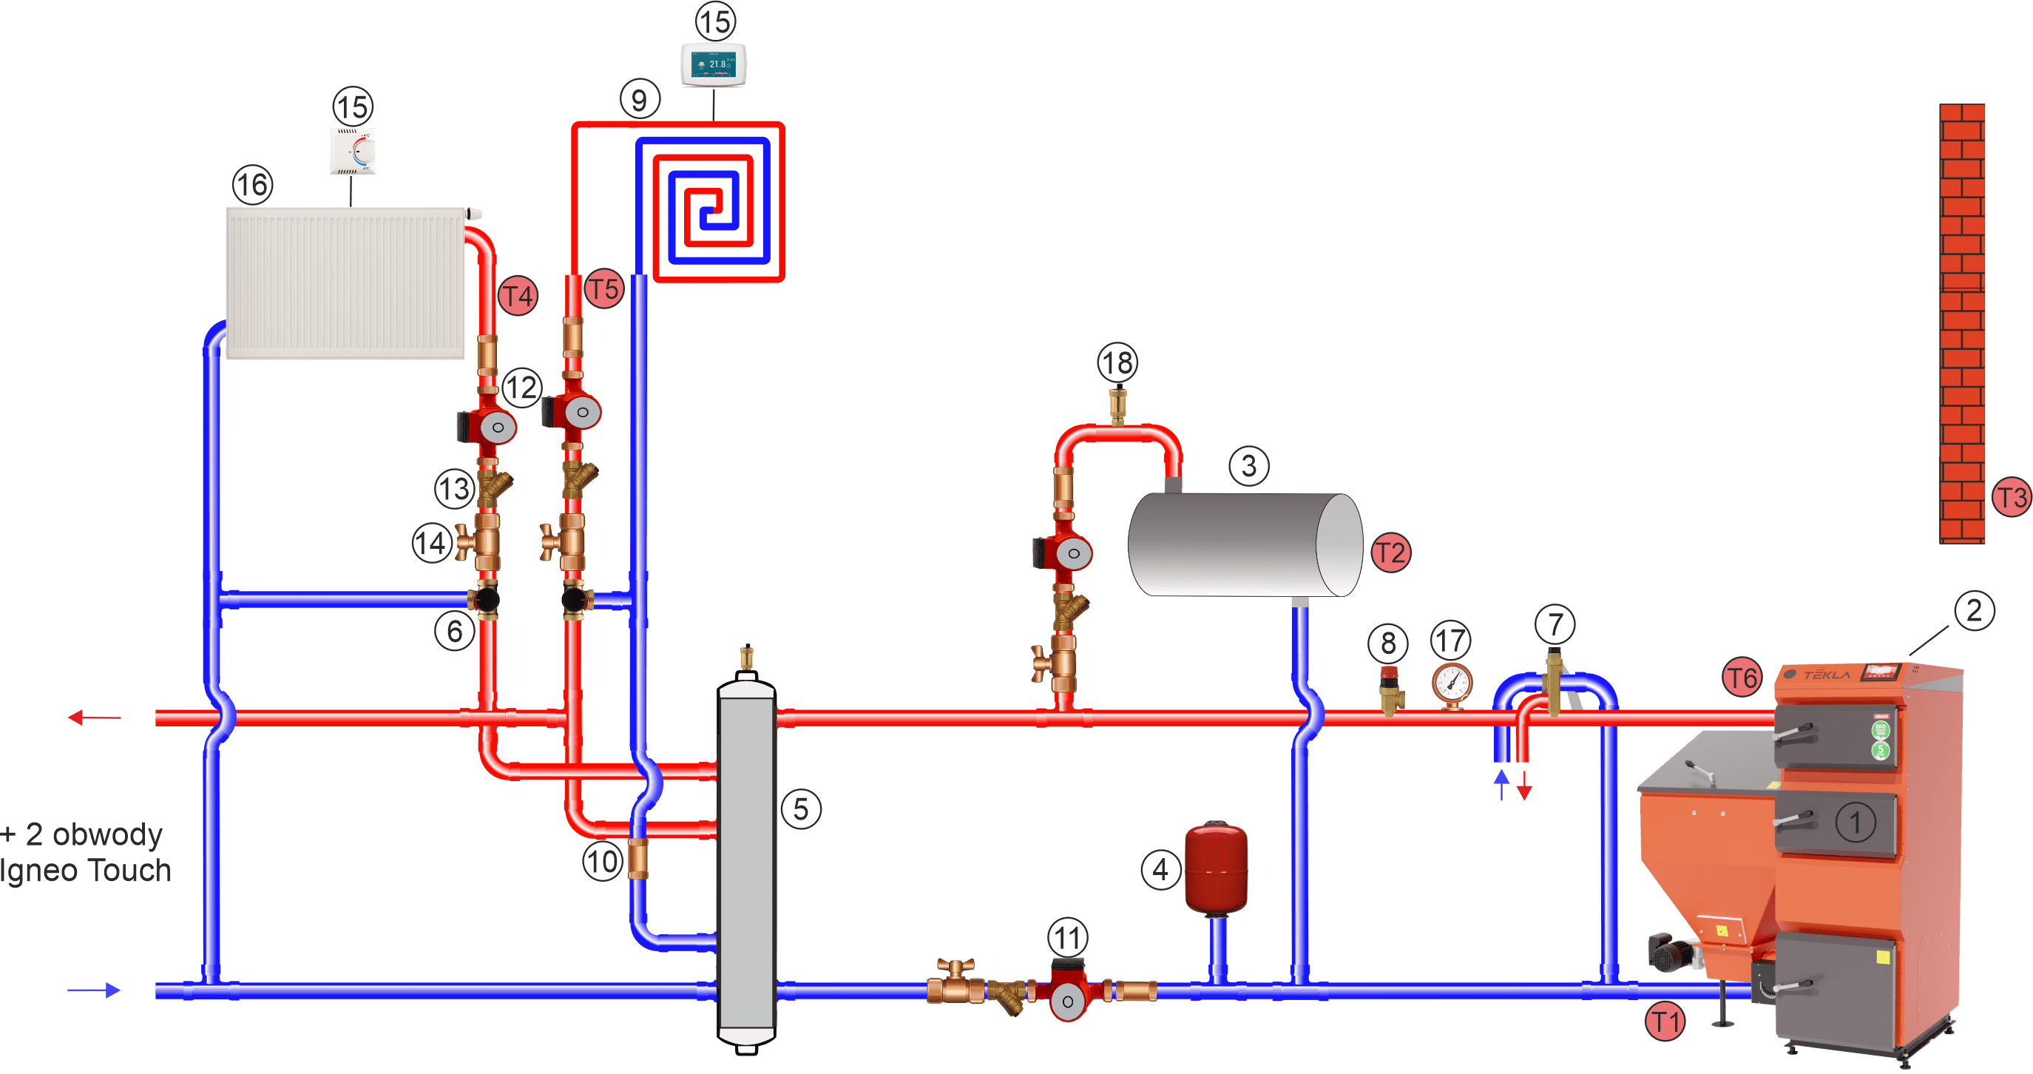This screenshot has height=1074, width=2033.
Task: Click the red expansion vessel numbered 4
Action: [1216, 869]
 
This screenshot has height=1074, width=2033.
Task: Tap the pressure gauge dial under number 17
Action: [1452, 683]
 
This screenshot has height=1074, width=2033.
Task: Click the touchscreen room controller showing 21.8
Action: [714, 64]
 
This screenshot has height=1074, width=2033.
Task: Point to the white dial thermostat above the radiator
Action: [353, 151]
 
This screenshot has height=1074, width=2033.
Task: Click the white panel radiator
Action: [345, 283]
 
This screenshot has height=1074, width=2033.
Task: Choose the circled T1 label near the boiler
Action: [1665, 1021]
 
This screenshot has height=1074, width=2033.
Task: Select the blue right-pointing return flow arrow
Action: [95, 990]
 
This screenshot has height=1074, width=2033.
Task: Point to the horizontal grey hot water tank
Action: [1245, 544]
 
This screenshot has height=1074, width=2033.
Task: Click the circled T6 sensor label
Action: [1742, 678]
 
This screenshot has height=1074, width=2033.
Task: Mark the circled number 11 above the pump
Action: [1068, 938]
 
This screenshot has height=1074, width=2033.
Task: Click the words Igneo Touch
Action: [85, 871]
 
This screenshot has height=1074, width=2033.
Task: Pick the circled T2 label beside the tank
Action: [1390, 553]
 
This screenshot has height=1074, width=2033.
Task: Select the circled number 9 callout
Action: [639, 99]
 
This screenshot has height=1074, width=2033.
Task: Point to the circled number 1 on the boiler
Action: [1856, 823]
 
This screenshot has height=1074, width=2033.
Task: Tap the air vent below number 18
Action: [1117, 404]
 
